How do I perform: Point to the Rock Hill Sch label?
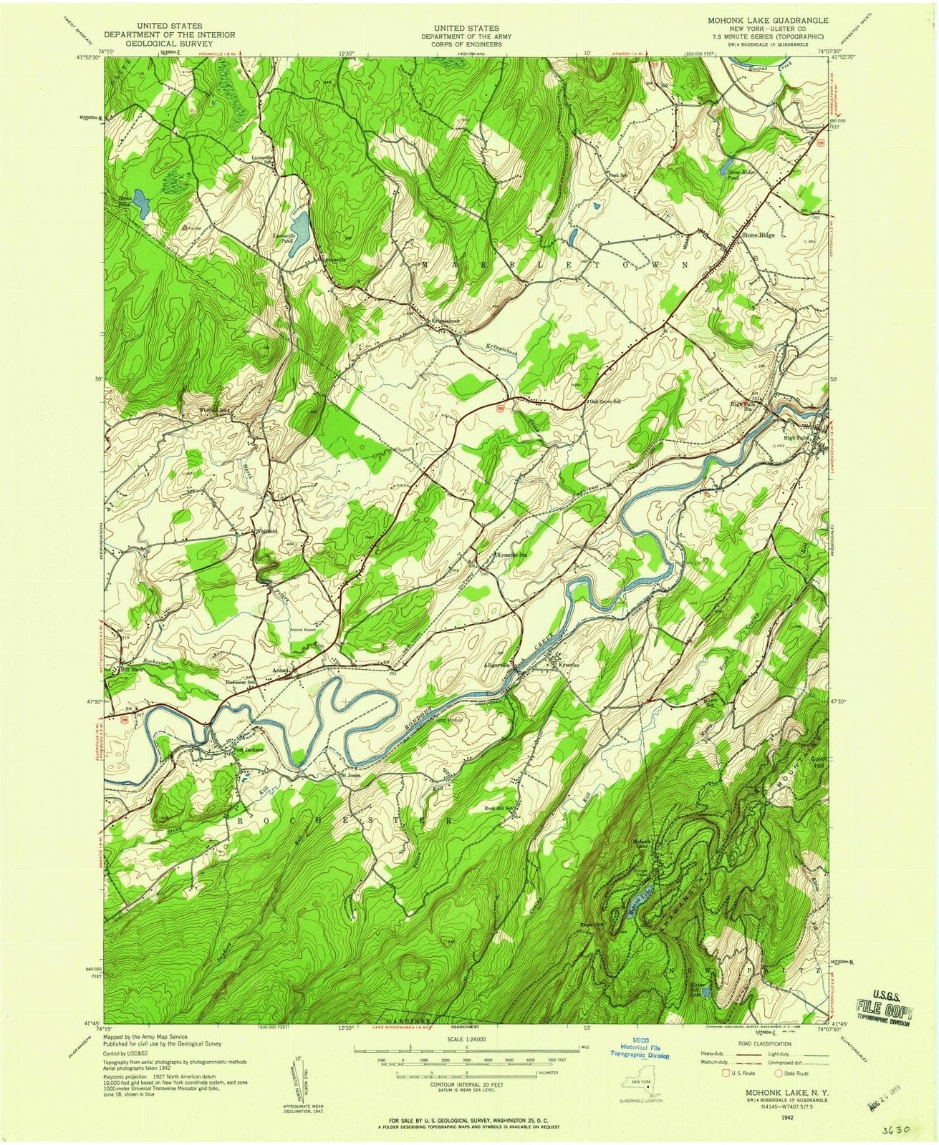coord(500,809)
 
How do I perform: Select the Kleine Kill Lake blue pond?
coord(706,991)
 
